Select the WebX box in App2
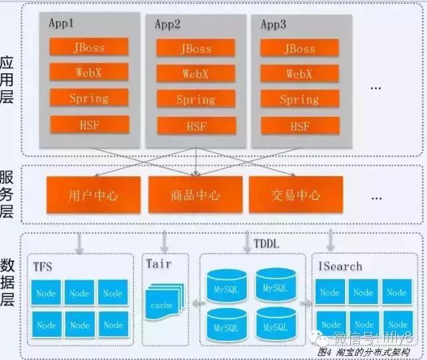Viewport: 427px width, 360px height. point(196,73)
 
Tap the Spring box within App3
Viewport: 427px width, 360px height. point(299,99)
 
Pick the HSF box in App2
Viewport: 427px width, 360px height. point(196,126)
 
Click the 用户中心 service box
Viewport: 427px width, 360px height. point(93,195)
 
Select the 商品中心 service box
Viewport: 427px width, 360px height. point(195,195)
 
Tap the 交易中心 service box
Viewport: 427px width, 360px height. point(296,195)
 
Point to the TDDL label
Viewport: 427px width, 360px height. point(266,244)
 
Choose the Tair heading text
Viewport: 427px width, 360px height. point(158,264)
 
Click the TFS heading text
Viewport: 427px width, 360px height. point(42,267)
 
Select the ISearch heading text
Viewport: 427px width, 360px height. point(340,267)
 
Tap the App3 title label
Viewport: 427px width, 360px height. point(273,25)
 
